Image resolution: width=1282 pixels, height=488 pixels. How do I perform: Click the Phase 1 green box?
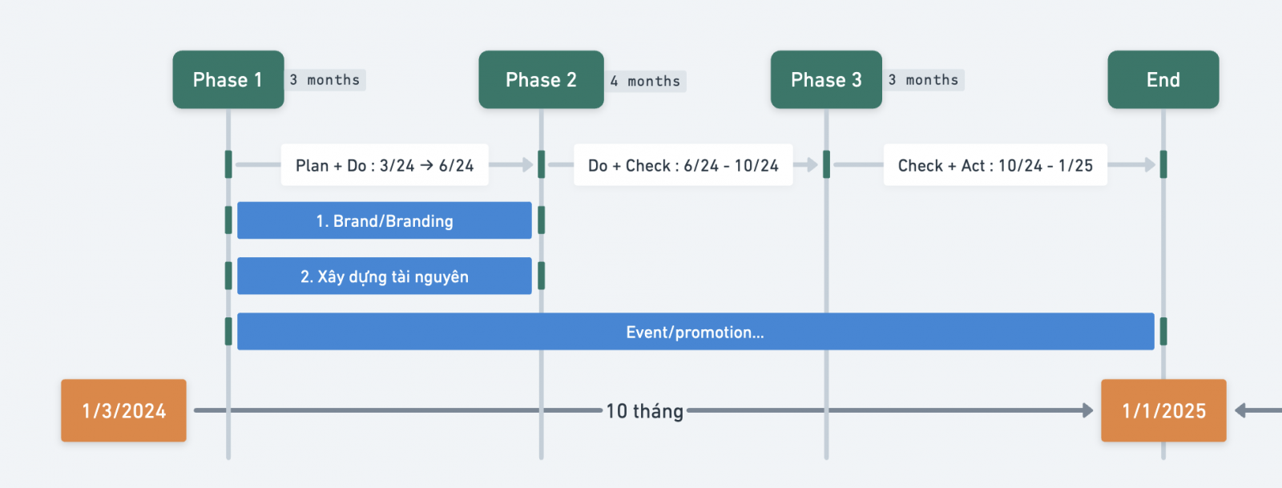(228, 79)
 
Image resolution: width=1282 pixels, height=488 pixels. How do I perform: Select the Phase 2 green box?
(542, 79)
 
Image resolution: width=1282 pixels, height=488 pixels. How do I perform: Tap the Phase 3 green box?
(826, 79)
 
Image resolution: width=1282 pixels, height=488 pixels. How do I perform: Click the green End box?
(1163, 79)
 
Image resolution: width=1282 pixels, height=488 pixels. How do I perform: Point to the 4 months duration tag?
(646, 81)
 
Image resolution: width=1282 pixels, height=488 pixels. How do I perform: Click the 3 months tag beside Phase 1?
(325, 80)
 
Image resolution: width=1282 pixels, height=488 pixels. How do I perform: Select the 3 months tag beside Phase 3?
(924, 80)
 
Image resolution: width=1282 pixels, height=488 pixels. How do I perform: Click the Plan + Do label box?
(385, 165)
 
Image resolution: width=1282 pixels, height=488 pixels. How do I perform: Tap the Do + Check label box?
(683, 165)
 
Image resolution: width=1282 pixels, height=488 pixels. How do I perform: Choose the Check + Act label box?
(995, 165)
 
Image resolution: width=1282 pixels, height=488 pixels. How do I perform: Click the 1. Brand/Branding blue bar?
(385, 220)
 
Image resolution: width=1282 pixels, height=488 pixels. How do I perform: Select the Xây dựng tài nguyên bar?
(385, 276)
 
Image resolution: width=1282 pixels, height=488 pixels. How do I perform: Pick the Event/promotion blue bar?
(696, 331)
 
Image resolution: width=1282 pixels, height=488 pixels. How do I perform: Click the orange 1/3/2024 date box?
(123, 410)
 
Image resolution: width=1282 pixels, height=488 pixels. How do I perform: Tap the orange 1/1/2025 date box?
(1164, 410)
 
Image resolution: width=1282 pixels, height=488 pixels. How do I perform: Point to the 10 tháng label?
(644, 411)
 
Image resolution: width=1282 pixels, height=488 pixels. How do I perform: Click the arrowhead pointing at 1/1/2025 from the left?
(1087, 410)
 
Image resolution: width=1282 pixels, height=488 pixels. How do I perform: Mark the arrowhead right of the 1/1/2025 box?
(1240, 410)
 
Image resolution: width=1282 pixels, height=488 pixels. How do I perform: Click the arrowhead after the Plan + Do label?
(527, 165)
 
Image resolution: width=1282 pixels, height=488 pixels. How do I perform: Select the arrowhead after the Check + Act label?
(1150, 165)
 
